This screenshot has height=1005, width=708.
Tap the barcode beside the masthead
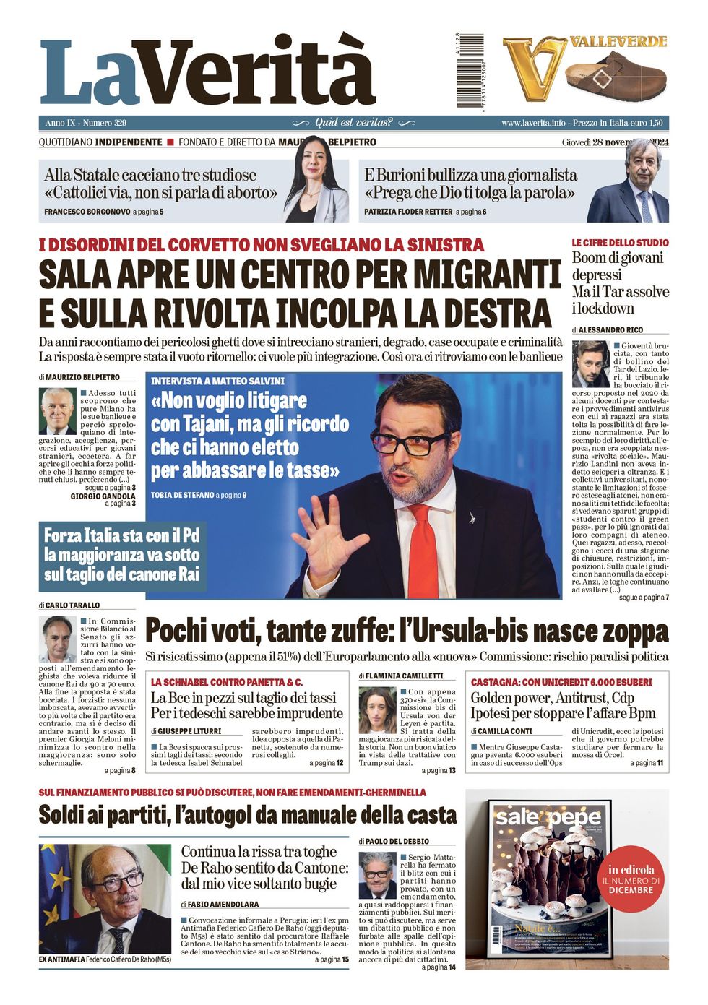(459, 71)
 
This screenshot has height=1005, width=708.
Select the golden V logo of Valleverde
(535, 68)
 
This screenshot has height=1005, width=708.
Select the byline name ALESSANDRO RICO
(610, 329)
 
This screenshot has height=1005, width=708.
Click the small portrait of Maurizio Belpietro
(59, 410)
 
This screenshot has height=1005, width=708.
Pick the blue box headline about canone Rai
(121, 555)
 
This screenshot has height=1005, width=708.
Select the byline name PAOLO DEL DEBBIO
(397, 841)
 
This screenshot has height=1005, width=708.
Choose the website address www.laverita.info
(533, 123)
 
